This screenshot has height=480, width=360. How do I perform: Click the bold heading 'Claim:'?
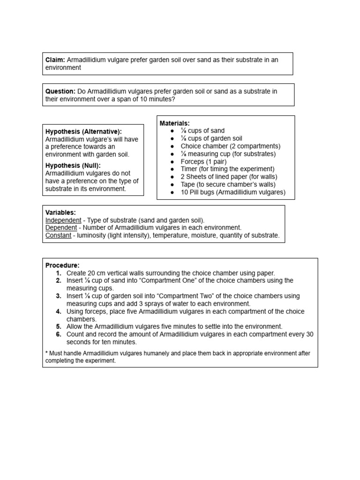(x=55, y=60)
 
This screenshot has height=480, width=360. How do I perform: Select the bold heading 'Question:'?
(x=60, y=91)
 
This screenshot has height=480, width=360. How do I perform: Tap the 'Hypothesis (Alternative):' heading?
(x=83, y=132)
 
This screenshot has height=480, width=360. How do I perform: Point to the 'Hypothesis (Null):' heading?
(x=73, y=165)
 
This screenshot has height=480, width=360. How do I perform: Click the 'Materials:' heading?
(x=174, y=123)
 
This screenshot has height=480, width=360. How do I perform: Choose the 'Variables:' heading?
(x=60, y=212)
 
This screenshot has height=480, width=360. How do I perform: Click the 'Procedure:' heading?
(x=62, y=265)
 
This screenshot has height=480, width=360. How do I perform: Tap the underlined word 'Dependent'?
(x=61, y=228)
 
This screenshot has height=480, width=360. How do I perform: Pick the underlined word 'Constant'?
(x=59, y=235)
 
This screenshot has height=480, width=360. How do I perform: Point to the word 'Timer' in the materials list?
(x=189, y=169)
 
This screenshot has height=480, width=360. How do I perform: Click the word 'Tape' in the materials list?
(x=188, y=184)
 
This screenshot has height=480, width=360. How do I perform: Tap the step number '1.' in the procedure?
(x=59, y=273)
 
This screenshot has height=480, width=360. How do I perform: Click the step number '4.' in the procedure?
(x=59, y=311)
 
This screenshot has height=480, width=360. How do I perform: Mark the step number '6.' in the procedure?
(x=59, y=334)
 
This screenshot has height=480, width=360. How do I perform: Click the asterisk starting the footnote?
(x=46, y=353)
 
